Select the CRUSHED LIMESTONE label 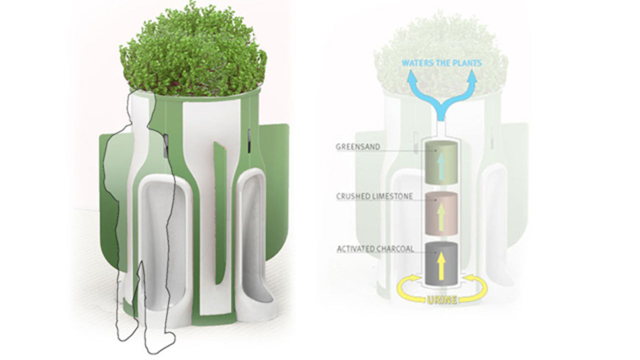pyautogui.click(x=374, y=196)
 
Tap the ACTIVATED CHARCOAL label pyautogui.click(x=375, y=249)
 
